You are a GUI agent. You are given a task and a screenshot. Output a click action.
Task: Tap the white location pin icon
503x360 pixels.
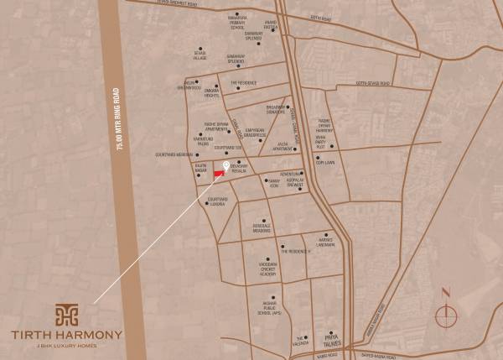click(225, 165)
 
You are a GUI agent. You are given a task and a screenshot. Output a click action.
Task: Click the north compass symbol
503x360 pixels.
click(447, 314)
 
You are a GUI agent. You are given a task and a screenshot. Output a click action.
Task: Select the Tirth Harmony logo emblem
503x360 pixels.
click(66, 314)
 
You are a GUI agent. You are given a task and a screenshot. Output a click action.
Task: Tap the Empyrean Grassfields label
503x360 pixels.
click(247, 132)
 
